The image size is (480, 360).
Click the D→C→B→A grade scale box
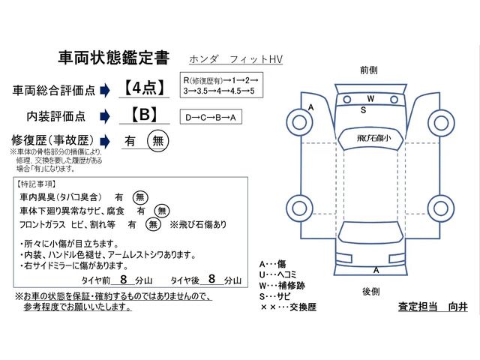[213, 117]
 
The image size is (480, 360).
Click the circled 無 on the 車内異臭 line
[140, 197]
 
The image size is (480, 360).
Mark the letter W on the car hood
[370, 99]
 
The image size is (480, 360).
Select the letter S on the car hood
[364, 110]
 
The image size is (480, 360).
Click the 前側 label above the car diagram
[369, 70]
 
